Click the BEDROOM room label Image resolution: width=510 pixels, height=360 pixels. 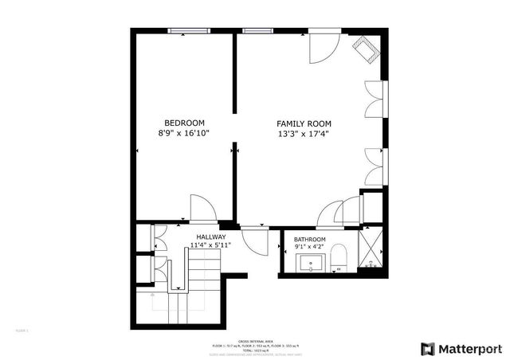pos(185,123)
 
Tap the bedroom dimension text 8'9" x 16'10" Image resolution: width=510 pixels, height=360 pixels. pos(185,134)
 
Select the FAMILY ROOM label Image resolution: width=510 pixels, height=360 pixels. pos(304,123)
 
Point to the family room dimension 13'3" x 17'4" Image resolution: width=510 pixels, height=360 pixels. pos(304,135)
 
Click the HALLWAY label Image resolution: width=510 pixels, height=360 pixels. pos(211,237)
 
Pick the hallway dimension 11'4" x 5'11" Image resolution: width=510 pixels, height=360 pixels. pos(211,246)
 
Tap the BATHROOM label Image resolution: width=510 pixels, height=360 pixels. pos(309,240)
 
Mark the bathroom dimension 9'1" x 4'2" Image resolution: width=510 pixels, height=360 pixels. pos(309,248)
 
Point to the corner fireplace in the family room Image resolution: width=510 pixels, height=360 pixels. pos(369,49)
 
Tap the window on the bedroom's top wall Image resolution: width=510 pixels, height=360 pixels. pos(190,31)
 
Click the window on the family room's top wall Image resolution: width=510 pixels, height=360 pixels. pos(257,31)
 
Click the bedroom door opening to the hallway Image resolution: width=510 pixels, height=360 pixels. pos(202,209)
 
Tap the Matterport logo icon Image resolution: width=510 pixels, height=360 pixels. pos(429,349)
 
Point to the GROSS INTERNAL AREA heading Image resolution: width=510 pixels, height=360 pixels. pos(254,340)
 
